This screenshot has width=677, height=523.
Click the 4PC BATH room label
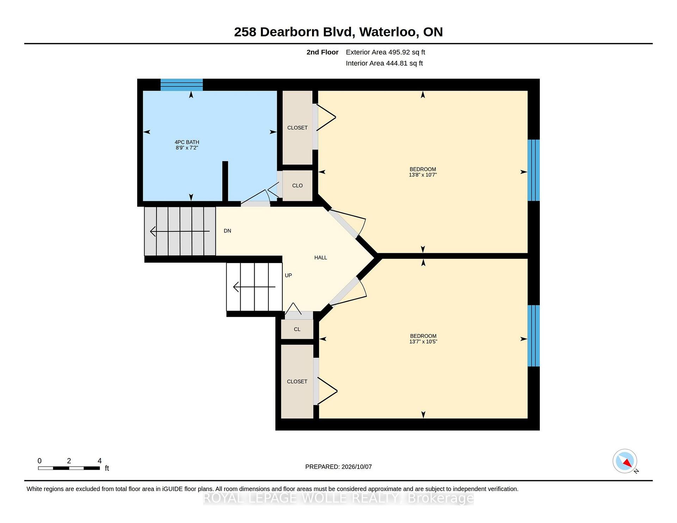[187, 142]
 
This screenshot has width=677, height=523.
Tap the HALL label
[321, 258]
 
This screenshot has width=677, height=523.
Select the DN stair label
[227, 231]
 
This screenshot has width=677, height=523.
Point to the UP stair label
[288, 275]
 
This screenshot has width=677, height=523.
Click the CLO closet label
[297, 186]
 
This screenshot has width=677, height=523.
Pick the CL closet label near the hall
[297, 329]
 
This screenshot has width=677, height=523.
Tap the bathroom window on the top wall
[182, 85]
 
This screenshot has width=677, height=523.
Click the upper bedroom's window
[533, 170]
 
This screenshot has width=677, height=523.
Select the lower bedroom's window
[533, 336]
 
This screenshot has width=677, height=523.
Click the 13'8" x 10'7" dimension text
[423, 175]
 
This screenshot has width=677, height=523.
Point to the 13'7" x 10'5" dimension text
[423, 342]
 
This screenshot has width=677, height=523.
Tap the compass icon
[625, 461]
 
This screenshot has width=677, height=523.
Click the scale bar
[69, 468]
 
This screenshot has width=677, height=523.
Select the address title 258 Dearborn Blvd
[293, 32]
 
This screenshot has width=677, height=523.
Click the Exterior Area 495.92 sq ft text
[385, 52]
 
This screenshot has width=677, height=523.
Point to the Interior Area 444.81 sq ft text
[384, 63]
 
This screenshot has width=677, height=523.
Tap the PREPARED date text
[338, 467]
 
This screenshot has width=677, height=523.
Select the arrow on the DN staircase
[180, 231]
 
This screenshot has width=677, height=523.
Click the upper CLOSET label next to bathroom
[297, 128]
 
